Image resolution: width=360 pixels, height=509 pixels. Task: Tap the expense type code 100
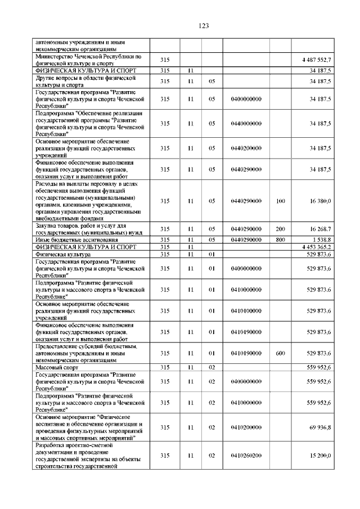point(280,201)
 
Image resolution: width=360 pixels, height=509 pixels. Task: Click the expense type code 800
point(280,240)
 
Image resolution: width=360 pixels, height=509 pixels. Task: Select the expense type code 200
point(280,229)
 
